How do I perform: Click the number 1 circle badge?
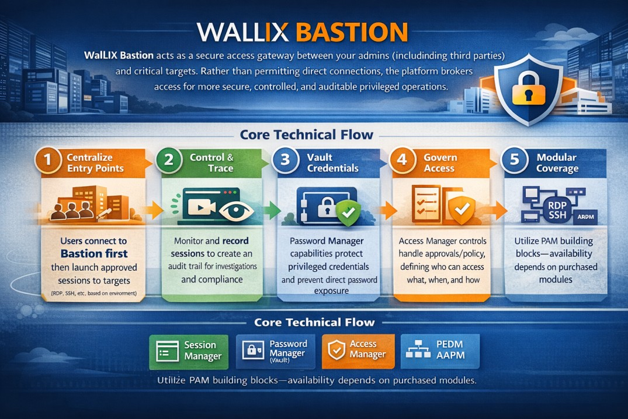click(48, 161)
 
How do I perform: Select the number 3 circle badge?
click(286, 161)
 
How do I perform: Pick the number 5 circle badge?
click(514, 161)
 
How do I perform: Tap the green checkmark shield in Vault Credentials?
click(347, 215)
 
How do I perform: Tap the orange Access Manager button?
click(358, 350)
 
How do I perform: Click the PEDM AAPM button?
click(440, 351)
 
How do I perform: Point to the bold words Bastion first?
click(93, 253)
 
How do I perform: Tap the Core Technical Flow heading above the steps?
click(306, 135)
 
